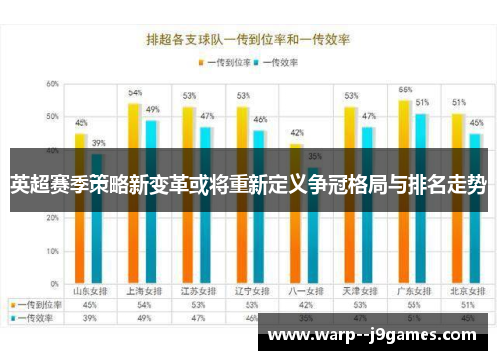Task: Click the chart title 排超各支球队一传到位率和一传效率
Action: (248, 40)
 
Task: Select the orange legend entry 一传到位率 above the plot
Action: (224, 62)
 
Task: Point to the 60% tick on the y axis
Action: (50, 84)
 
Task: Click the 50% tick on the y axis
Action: (50, 117)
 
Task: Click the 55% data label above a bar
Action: (405, 90)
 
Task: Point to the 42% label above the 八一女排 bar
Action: (296, 132)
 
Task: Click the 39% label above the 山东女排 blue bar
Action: (98, 143)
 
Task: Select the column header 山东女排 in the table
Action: (89, 291)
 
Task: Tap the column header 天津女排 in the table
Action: (358, 291)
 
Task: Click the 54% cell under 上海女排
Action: (144, 304)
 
